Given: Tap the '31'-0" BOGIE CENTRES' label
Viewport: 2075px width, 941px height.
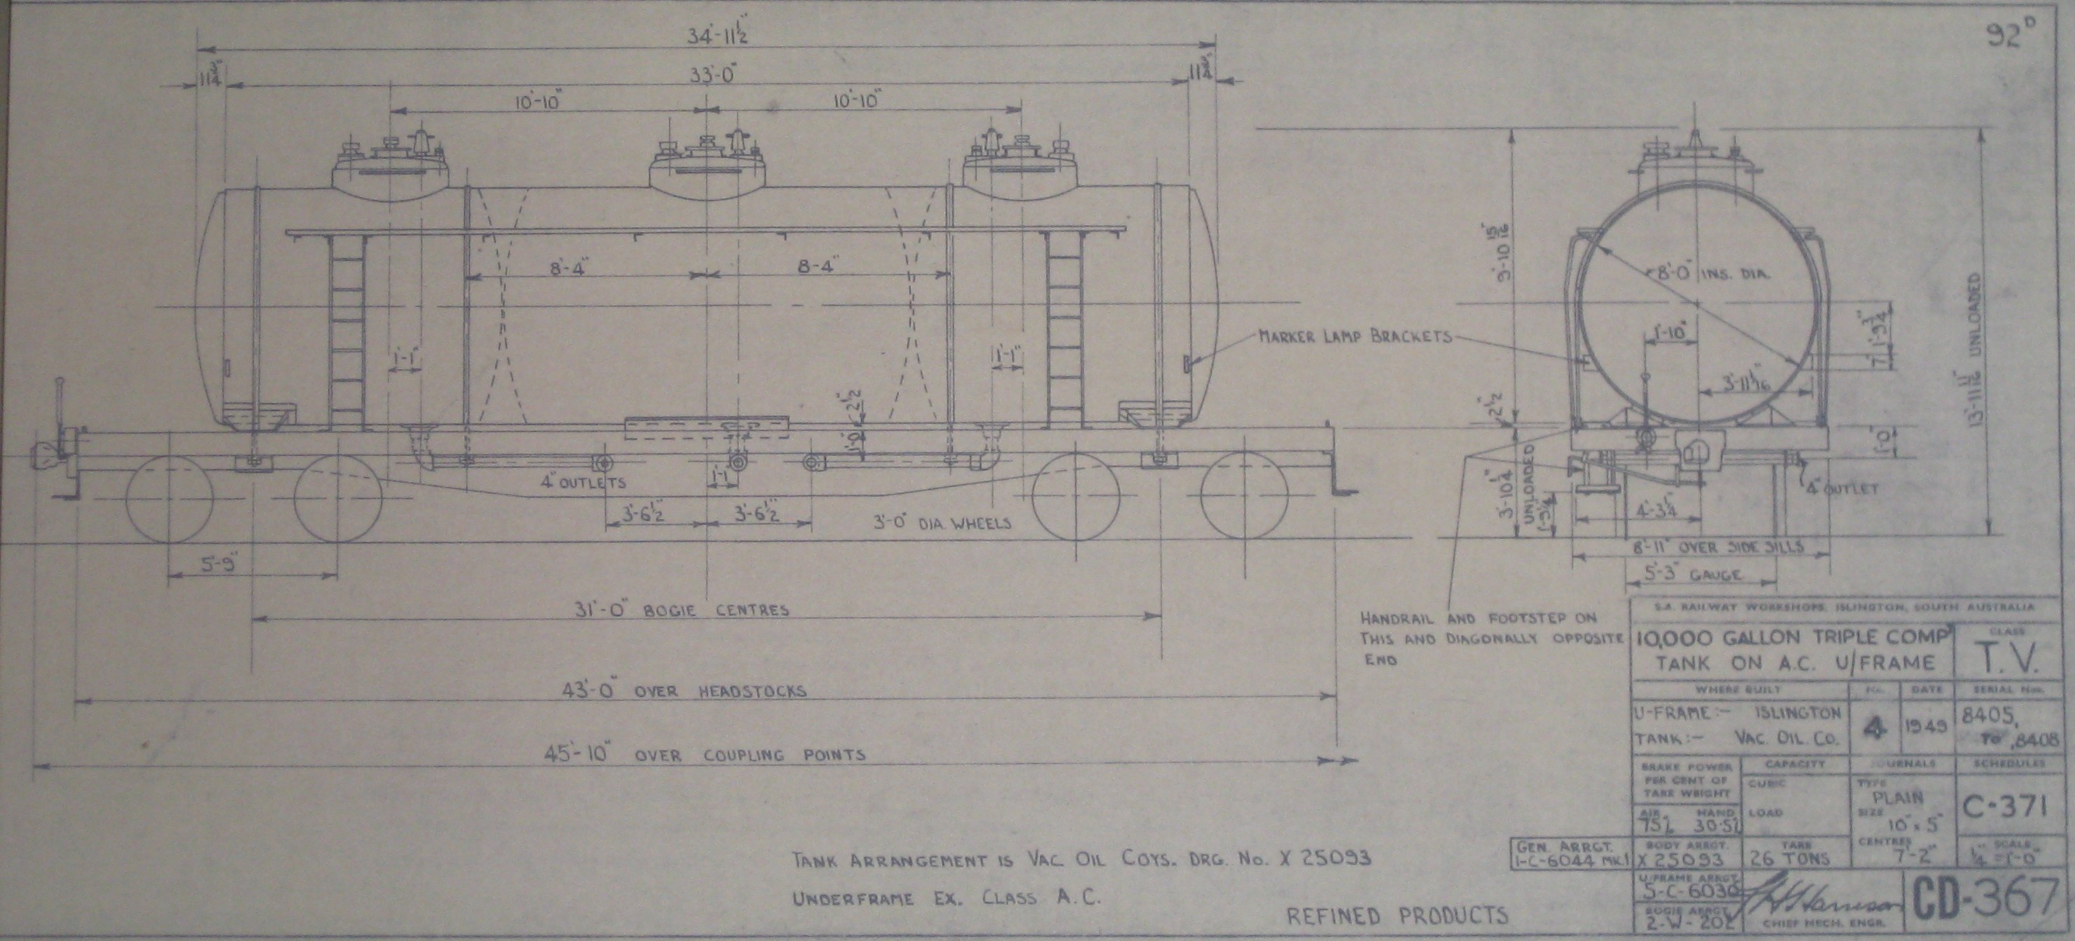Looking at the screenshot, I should pyautogui.click(x=706, y=609).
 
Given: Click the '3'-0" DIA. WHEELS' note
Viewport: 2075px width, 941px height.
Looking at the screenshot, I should pyautogui.click(x=942, y=522).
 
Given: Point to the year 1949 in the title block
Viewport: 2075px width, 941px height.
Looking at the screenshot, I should pyautogui.click(x=1923, y=726).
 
